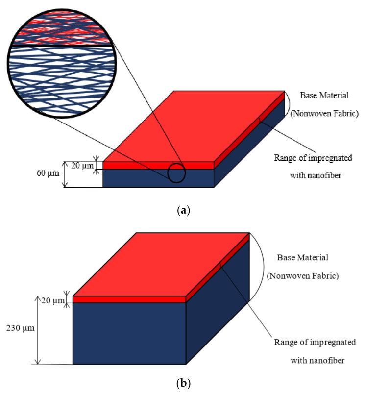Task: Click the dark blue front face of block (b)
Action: pos(129,333)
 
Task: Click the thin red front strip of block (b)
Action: pos(129,299)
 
